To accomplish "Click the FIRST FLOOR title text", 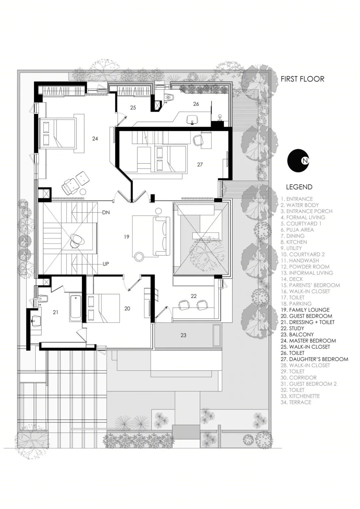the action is point(302,79).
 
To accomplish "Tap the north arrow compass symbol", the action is point(298,161).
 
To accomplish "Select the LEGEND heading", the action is point(299,187).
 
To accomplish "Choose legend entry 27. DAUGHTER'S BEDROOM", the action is point(315,359).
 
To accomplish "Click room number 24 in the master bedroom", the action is point(95,138).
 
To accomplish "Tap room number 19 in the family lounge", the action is point(127,237).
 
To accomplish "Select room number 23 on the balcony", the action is point(183,335).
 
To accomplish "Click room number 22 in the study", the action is point(194,296).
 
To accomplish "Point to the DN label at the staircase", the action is point(106,213).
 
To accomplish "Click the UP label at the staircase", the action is point(106,264).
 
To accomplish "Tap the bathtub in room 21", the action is point(75,308).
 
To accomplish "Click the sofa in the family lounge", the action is point(161,236).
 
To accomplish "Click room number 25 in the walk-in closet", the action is point(133,108).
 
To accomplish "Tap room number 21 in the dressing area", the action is point(55,312).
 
